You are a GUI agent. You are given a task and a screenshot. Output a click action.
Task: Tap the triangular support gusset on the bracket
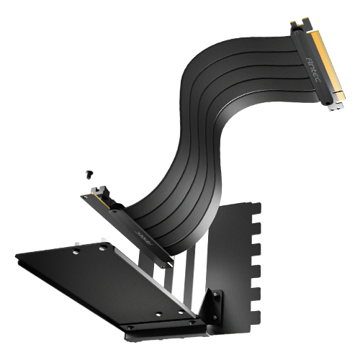point(214,307)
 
